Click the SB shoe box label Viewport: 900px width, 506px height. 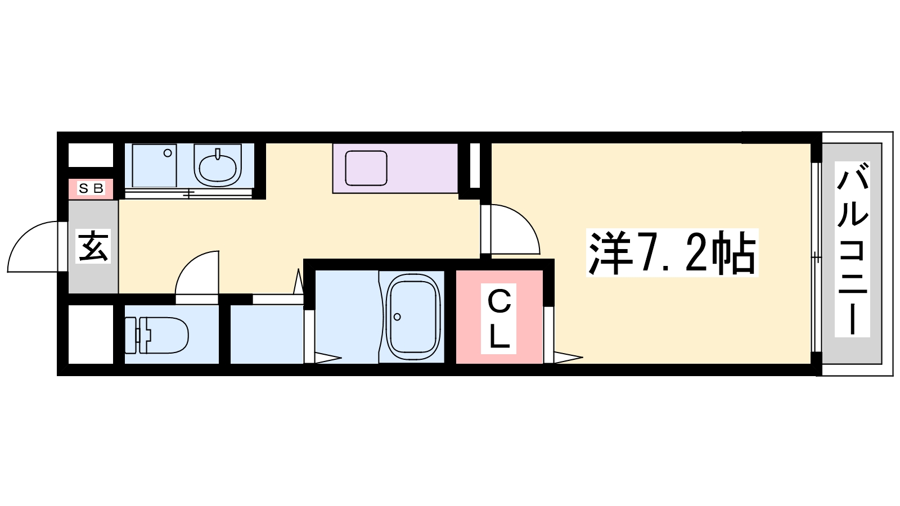[91, 189]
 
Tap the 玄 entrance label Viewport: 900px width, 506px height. [93, 246]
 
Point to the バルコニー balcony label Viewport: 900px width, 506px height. [852, 250]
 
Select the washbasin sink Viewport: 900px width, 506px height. [218, 165]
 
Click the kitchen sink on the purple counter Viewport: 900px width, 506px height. [366, 168]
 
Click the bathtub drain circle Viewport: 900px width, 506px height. [398, 317]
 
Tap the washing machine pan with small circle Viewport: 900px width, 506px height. [154, 165]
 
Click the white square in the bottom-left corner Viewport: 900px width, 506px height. [91, 335]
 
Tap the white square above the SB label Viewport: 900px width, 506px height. [91, 155]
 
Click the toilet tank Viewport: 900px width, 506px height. [131, 335]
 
